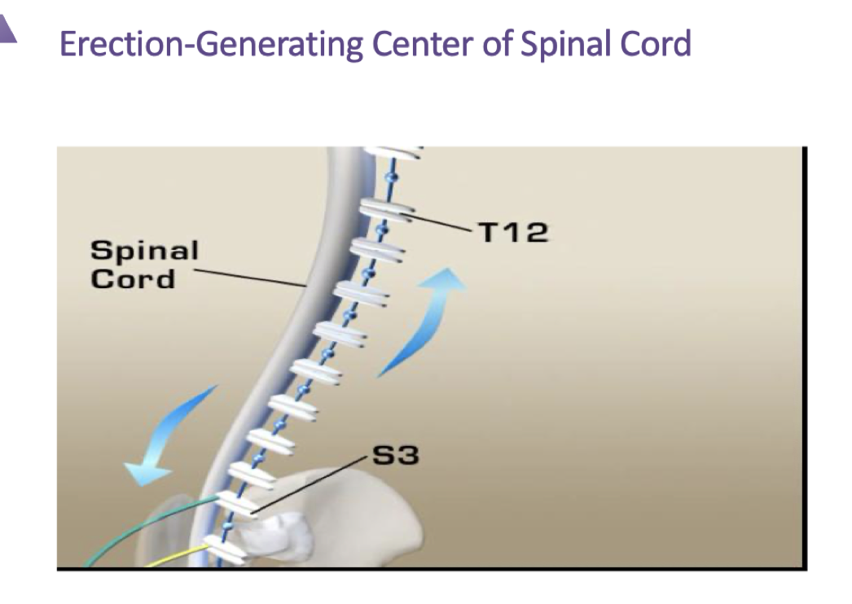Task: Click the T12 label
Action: [x=513, y=233]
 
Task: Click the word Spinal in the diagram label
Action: [x=144, y=250]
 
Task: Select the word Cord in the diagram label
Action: [x=133, y=278]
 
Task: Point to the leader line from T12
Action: [x=440, y=222]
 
